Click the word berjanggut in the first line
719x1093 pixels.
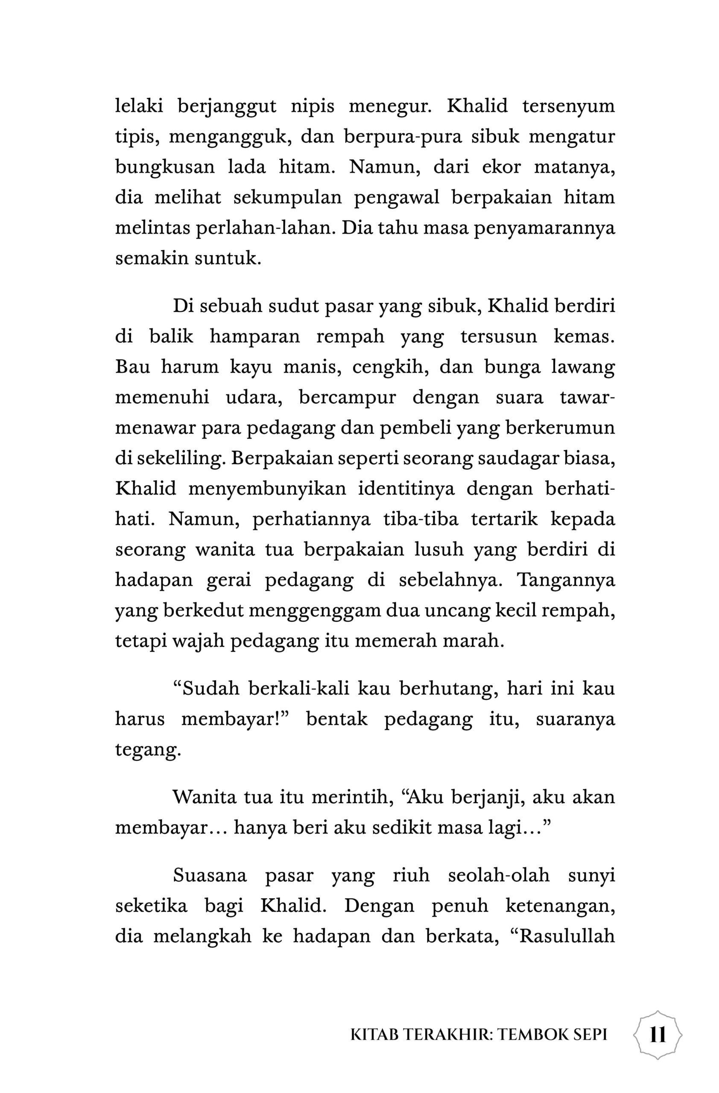(x=227, y=107)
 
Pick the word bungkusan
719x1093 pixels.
(x=165, y=167)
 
